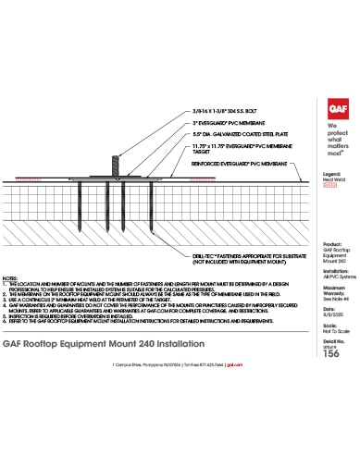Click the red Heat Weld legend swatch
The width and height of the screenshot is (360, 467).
pos(329,185)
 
